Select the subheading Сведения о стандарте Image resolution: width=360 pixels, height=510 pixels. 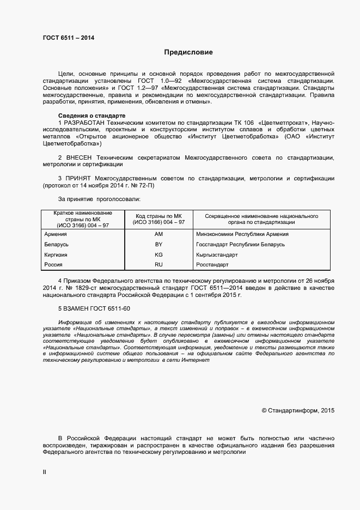[91, 116]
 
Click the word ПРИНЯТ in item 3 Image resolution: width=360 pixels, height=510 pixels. [78, 178]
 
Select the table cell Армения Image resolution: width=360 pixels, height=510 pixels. [56, 234]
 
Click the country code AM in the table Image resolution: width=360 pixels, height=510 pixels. [159, 234]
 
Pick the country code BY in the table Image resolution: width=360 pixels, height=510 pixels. [159, 245]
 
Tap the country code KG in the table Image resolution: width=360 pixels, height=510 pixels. [159, 254]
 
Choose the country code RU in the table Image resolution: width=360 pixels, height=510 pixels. [159, 265]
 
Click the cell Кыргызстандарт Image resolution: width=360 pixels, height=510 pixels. [217, 254]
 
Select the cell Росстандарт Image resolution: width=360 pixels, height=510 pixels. [212, 265]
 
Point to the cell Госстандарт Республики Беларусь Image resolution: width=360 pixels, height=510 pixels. [240, 245]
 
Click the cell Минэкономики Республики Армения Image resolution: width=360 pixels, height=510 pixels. [242, 234]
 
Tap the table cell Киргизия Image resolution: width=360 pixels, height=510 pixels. [56, 254]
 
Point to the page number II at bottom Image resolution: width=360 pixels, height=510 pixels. [45, 472]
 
